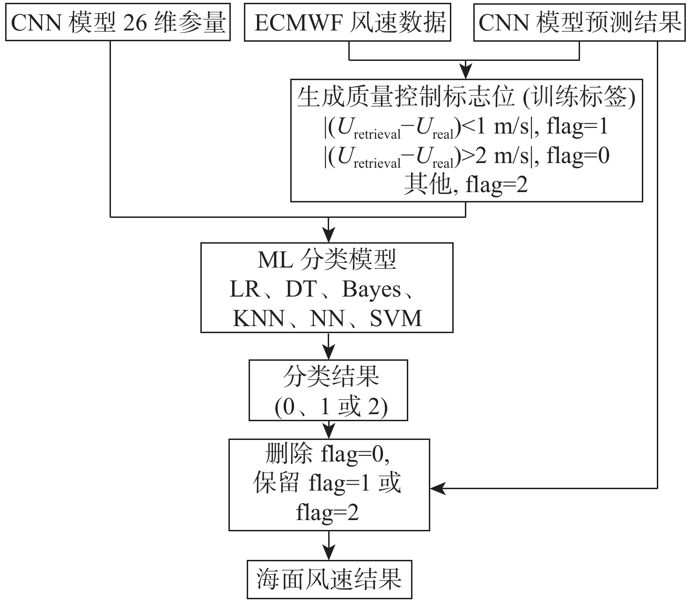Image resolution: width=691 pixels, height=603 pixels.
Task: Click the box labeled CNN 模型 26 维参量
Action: pos(118,22)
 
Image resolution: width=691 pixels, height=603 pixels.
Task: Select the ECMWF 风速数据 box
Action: pos(349,22)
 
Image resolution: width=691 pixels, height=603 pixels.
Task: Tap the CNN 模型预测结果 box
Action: pos(580,22)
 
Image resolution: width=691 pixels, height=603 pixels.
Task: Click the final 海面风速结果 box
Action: pos(329,579)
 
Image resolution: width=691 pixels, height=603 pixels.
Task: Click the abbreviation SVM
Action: pos(396,319)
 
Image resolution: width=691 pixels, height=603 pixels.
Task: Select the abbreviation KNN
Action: pos(258,319)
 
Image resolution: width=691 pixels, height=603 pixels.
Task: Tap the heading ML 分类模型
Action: pos(327,259)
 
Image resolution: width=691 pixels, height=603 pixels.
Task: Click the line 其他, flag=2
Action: pos(466,185)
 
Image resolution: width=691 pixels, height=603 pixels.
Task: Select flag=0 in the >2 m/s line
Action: pos(578,156)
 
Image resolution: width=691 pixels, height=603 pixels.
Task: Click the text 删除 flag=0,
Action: pos(328,454)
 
